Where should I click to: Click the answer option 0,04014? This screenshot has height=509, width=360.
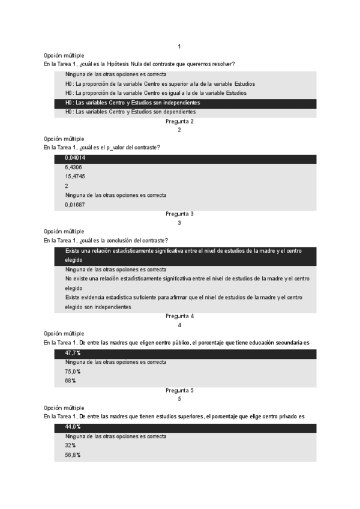click(75, 158)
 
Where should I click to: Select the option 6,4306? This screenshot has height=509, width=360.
click(74, 167)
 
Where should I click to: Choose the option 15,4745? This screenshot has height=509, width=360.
click(75, 176)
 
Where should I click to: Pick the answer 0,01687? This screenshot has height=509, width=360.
click(75, 205)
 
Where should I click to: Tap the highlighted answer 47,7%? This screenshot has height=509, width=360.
click(73, 353)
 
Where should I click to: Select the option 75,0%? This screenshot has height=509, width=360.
click(73, 372)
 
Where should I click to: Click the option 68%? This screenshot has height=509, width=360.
click(71, 381)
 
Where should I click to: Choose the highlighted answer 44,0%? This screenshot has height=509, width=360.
click(73, 427)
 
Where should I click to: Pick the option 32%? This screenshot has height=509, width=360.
click(71, 445)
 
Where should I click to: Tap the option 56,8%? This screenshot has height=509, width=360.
click(73, 455)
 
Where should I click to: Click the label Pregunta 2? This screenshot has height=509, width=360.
click(179, 121)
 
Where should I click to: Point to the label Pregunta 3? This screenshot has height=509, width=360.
click(179, 214)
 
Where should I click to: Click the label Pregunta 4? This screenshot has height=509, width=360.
click(179, 316)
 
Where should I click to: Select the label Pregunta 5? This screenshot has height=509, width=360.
click(179, 390)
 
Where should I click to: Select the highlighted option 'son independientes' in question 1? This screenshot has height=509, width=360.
click(133, 103)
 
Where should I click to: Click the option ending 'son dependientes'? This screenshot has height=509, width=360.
click(130, 112)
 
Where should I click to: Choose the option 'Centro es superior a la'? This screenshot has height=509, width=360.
click(160, 83)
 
